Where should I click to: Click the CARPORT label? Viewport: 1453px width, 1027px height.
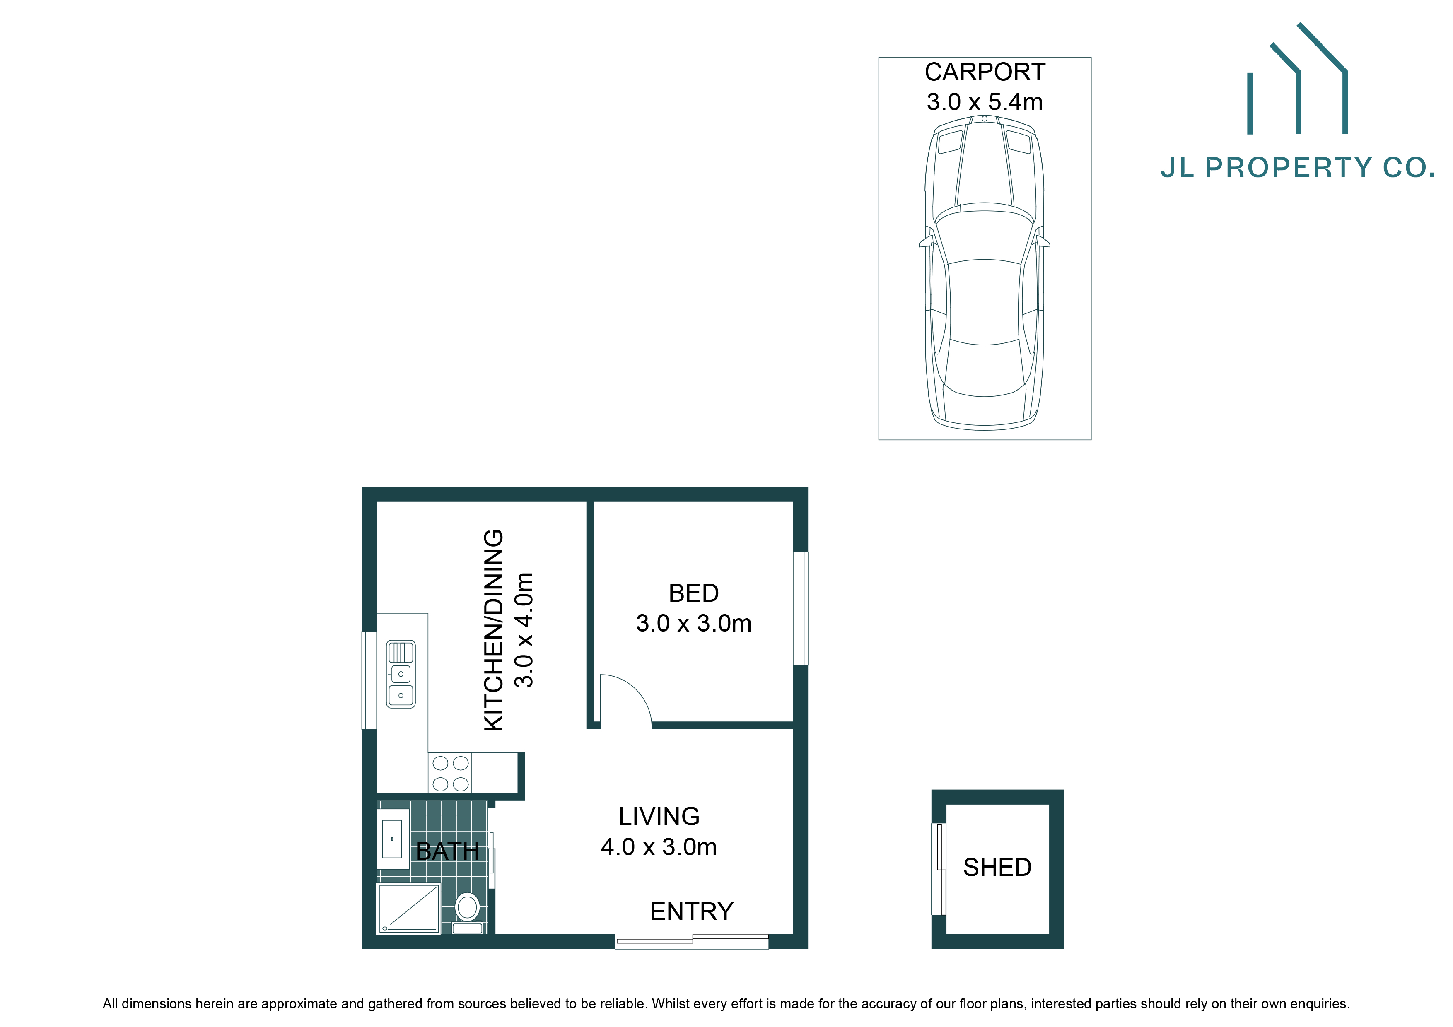click(985, 72)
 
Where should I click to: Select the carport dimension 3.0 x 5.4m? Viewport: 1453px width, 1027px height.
click(985, 102)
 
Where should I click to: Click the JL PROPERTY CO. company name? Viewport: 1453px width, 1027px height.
click(1297, 168)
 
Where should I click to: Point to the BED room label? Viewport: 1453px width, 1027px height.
click(694, 593)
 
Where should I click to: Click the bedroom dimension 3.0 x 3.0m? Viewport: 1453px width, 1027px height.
click(694, 623)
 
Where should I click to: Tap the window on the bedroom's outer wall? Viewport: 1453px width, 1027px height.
click(801, 608)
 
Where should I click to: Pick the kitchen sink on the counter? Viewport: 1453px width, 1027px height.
click(401, 674)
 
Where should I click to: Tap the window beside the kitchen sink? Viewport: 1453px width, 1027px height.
click(369, 680)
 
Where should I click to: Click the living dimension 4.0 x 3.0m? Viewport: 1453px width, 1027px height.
click(659, 847)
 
